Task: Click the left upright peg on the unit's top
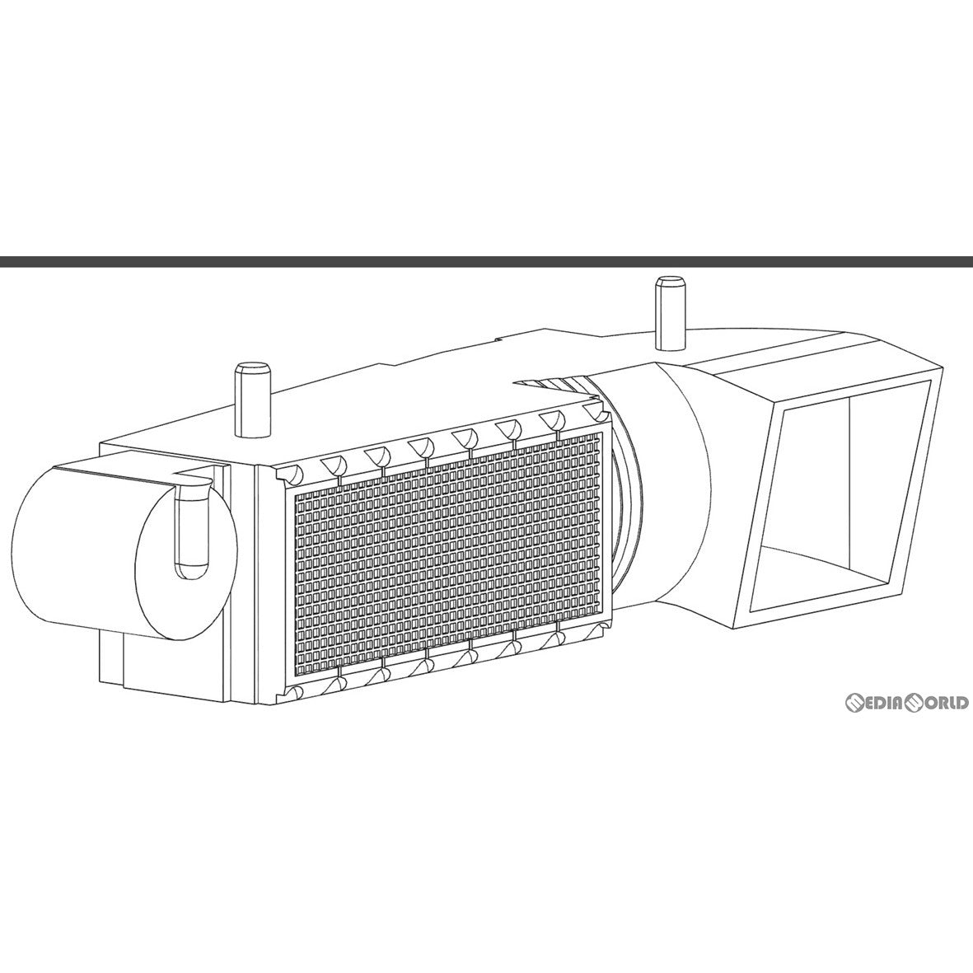pos(252,400)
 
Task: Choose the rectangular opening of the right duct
pos(831,497)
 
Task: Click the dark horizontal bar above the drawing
pos(486,262)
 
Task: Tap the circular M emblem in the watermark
pos(856,703)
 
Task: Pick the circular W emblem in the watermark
pos(917,703)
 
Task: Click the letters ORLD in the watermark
pos(947,703)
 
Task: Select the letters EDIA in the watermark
pos(886,703)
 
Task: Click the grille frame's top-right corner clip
pos(596,412)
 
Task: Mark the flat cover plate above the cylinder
pos(133,469)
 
